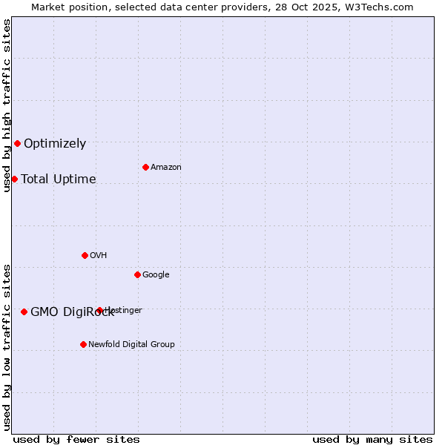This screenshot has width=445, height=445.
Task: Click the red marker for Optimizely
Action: [17, 143]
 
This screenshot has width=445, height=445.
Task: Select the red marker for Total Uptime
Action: [14, 179]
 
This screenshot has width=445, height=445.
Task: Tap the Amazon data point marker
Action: [145, 167]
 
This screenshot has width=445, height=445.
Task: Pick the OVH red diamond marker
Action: [85, 255]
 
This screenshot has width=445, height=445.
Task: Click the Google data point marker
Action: [137, 274]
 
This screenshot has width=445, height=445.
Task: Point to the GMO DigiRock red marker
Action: [24, 311]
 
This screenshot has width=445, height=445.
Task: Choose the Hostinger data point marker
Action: [99, 310]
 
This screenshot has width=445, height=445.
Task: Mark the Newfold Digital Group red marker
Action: [83, 344]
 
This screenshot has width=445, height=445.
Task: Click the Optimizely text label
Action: [55, 144]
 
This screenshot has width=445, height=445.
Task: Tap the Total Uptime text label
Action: [59, 179]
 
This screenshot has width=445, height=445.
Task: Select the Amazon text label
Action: [166, 168]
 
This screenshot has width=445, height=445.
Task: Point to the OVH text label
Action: [99, 256]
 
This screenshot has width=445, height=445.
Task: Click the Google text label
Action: [156, 275]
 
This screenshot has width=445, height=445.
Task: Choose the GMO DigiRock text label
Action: [72, 312]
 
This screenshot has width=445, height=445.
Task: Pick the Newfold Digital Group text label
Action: [131, 345]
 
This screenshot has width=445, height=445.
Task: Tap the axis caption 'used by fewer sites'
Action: [76, 439]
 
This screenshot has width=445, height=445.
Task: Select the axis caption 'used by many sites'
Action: [372, 439]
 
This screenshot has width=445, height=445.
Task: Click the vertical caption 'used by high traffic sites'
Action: [7, 105]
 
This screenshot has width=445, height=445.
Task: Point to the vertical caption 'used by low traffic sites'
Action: [7, 347]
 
